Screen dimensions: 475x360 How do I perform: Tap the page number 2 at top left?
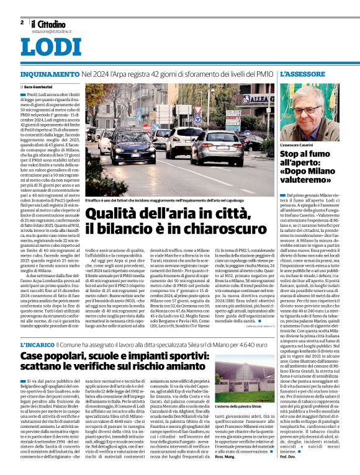coord(22,22)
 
